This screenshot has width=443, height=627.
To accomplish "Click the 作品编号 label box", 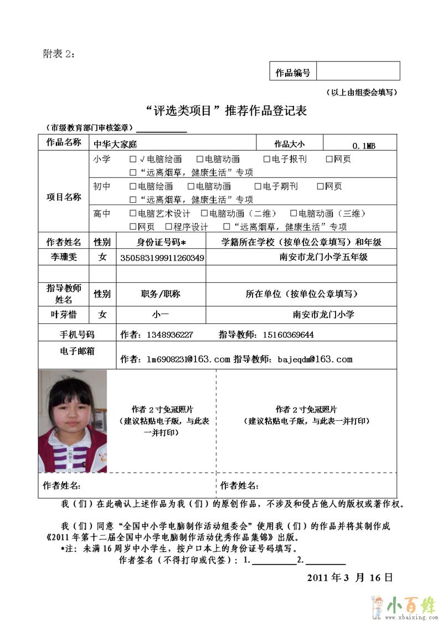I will (293, 72).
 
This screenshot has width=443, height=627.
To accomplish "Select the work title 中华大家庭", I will (115, 144).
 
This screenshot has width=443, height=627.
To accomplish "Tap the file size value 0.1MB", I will (364, 145).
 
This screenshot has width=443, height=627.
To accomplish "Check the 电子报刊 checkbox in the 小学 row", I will (266, 160).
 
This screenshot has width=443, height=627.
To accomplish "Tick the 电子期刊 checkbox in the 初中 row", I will (258, 187).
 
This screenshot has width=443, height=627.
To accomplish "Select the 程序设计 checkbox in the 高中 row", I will (168, 227).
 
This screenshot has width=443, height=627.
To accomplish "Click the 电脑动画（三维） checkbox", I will (293, 213).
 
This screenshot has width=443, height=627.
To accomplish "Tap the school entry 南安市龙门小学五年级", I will (323, 257).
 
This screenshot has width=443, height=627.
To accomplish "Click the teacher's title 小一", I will (161, 314).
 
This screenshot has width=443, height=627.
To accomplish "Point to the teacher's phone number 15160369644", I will (287, 334).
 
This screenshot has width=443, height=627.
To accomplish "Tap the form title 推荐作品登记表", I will (266, 111).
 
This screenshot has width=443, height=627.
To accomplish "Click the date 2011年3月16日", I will (350, 577).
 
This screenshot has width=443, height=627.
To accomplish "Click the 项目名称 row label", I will (63, 197).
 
